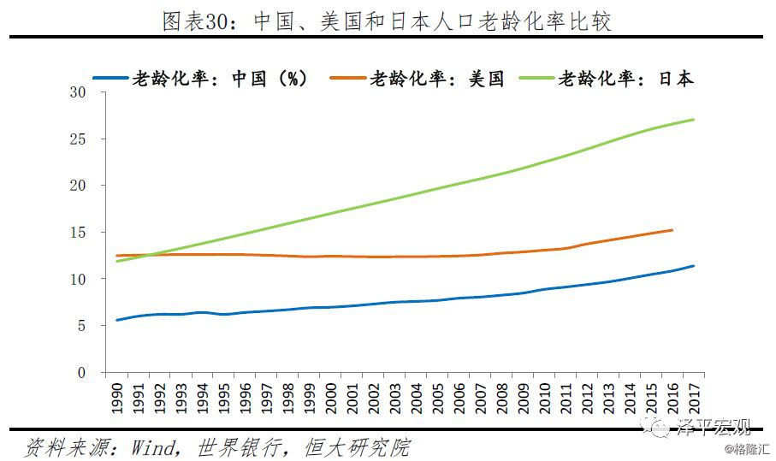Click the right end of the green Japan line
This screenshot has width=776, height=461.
[694, 119]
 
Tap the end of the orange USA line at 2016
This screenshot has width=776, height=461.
[672, 229]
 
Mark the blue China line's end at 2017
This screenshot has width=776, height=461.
[694, 265]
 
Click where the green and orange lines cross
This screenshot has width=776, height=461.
[146, 254]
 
